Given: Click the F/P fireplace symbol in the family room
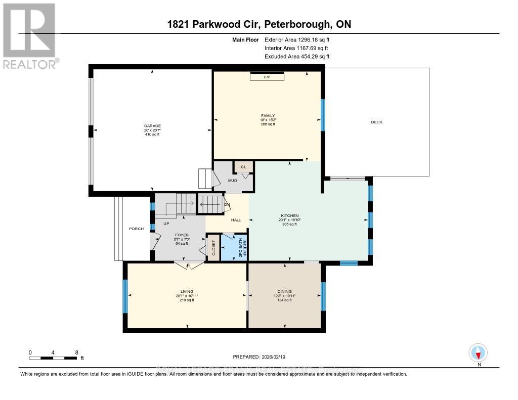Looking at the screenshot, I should (267, 77).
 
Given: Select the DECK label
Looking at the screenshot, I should (376, 122).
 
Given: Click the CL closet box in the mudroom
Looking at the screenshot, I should (243, 166).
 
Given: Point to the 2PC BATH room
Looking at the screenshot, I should (233, 248).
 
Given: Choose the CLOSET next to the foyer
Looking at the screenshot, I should (213, 248).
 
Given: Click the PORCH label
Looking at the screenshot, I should (137, 229).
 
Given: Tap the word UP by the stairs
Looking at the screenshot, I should (165, 223).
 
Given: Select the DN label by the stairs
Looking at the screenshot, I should (227, 205).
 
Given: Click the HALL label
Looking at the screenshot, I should (236, 220).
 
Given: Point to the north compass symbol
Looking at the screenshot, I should (478, 352).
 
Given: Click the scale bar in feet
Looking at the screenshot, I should (54, 358).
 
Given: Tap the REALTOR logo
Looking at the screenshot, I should (29, 35).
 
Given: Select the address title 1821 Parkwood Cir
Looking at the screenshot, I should (259, 24).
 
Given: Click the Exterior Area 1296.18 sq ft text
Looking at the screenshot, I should (300, 39).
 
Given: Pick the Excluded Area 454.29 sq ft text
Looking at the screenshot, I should (300, 57).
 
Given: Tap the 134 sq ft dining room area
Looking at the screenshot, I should (284, 300).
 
